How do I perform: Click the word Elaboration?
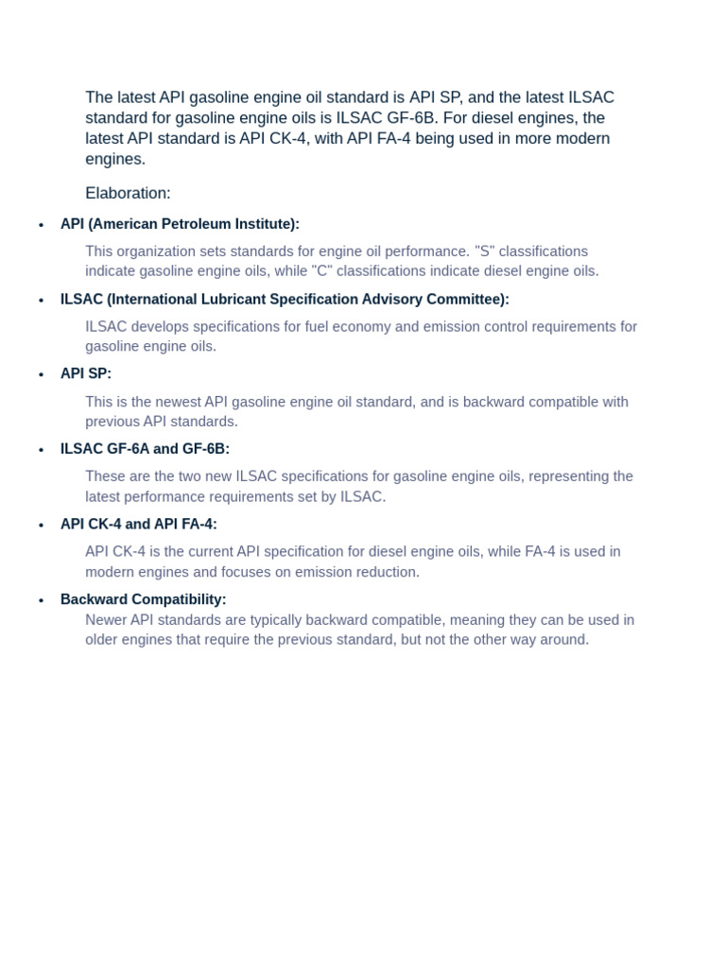pyautogui.click(x=128, y=193)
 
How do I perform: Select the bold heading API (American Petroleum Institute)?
pyautogui.click(x=180, y=224)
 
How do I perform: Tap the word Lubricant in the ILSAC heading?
pyautogui.click(x=259, y=300)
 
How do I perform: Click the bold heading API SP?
pyautogui.click(x=86, y=373)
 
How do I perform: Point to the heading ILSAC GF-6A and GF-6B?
pyautogui.click(x=145, y=449)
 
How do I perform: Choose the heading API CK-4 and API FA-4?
pyautogui.click(x=139, y=524)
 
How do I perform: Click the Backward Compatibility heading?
pyautogui.click(x=143, y=599)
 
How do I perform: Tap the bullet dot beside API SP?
pyautogui.click(x=41, y=375)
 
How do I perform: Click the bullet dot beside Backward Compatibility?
pyautogui.click(x=41, y=600)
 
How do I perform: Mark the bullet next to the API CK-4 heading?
pyautogui.click(x=41, y=526)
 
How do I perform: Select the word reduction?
pyautogui.click(x=386, y=572)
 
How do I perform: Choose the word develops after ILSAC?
pyautogui.click(x=159, y=327)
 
